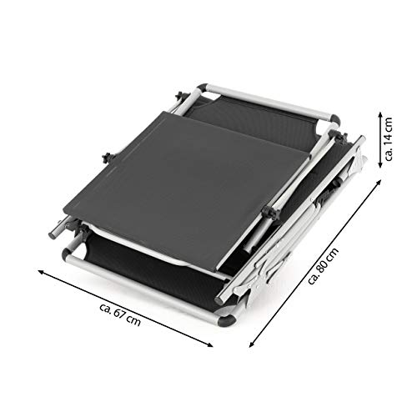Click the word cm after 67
tap(133, 321)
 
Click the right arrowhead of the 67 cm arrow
tap(210, 345)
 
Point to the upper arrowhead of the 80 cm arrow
tap(379, 182)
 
